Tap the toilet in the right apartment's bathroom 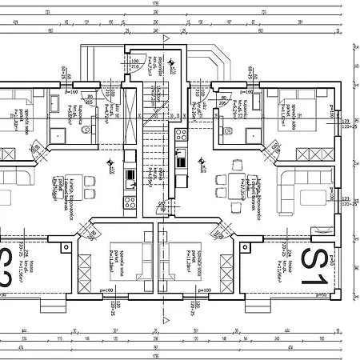228,130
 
